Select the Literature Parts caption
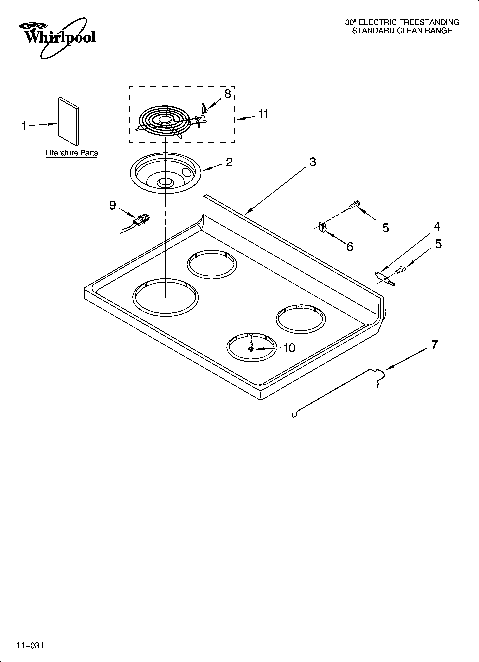point(72,153)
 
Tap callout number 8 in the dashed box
point(227,94)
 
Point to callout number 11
point(263,114)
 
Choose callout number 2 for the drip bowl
point(229,162)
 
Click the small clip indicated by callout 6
point(322,227)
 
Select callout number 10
point(289,348)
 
